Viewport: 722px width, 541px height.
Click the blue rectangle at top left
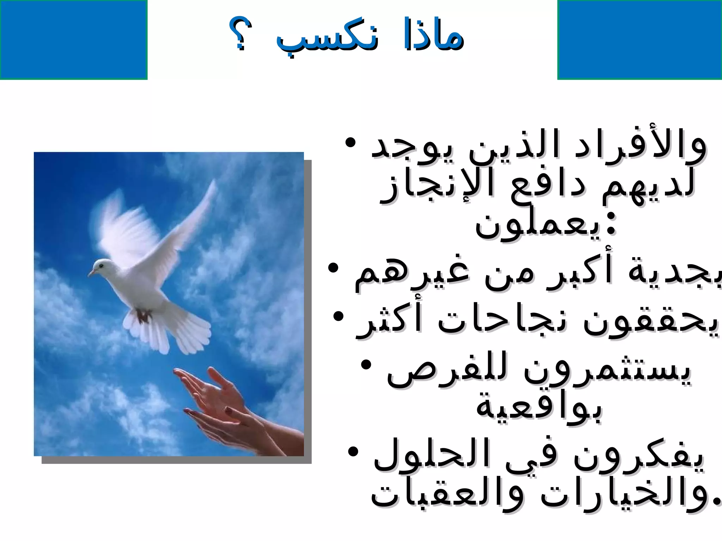(73, 39)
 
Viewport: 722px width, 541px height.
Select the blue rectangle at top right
(640, 39)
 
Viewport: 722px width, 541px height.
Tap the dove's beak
(91, 273)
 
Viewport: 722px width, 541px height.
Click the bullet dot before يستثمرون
(367, 365)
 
